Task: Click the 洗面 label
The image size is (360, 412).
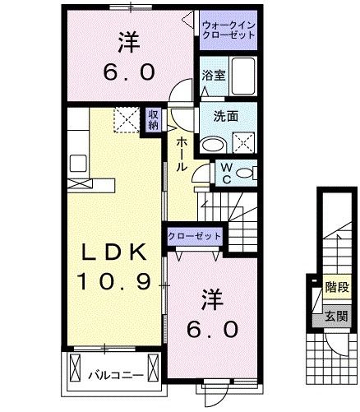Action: [226, 117]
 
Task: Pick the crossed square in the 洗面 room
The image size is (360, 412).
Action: [244, 143]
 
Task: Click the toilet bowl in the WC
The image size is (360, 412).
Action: [249, 173]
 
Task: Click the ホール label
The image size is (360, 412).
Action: [180, 154]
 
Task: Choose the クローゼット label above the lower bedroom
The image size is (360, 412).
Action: [195, 235]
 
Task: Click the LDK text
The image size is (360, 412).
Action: [114, 252]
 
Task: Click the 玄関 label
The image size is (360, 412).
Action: [335, 315]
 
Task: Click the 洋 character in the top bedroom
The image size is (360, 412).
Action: [127, 39]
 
